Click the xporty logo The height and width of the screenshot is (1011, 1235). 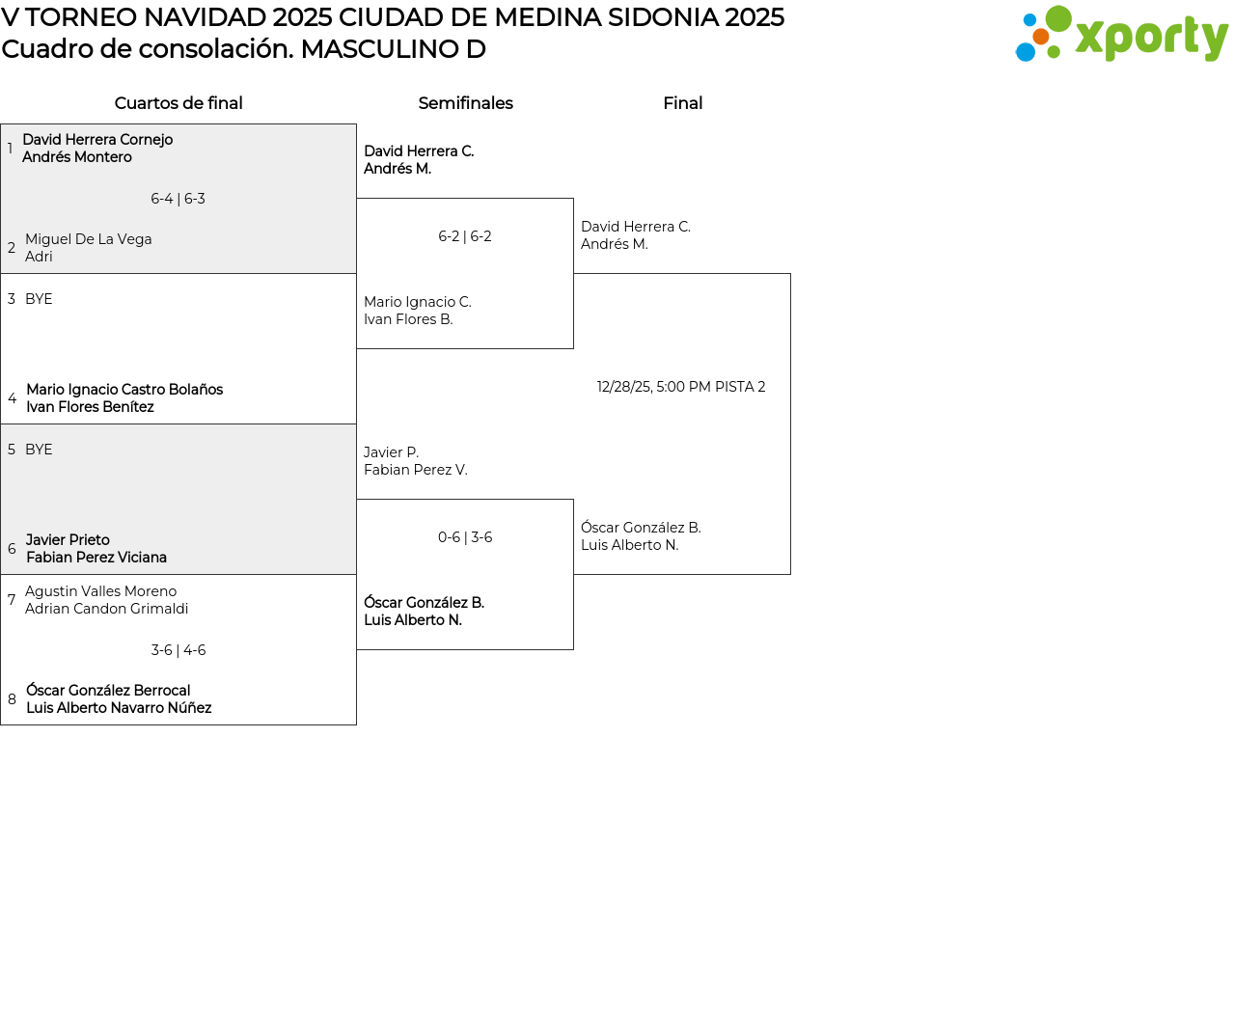pos(1121,34)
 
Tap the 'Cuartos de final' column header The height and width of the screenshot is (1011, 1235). pos(178,103)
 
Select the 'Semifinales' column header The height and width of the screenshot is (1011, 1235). pos(465,103)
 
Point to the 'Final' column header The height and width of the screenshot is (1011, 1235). pos(682,103)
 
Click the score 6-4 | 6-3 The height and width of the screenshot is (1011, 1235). pos(178,199)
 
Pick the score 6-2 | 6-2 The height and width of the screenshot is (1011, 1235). pos(465,236)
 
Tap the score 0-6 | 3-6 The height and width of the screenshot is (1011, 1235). pos(465,536)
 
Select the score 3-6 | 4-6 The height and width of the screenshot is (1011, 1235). pos(178,650)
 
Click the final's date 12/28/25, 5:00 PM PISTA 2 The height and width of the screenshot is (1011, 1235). pos(681,387)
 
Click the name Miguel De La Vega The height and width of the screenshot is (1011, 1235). pos(89,239)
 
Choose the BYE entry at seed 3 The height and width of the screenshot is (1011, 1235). pos(39,299)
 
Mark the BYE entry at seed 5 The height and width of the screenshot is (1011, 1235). pos(39,450)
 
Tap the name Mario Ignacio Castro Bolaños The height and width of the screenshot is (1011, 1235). pos(124,390)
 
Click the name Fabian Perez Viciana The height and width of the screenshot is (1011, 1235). pos(96,558)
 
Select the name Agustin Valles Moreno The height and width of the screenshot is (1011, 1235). pos(100,591)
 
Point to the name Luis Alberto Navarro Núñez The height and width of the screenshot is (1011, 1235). pos(119,708)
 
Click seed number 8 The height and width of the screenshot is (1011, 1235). pos(12,699)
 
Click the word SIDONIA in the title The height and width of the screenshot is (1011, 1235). pos(662,17)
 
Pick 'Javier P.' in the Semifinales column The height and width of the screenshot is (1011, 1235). pos(391,452)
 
